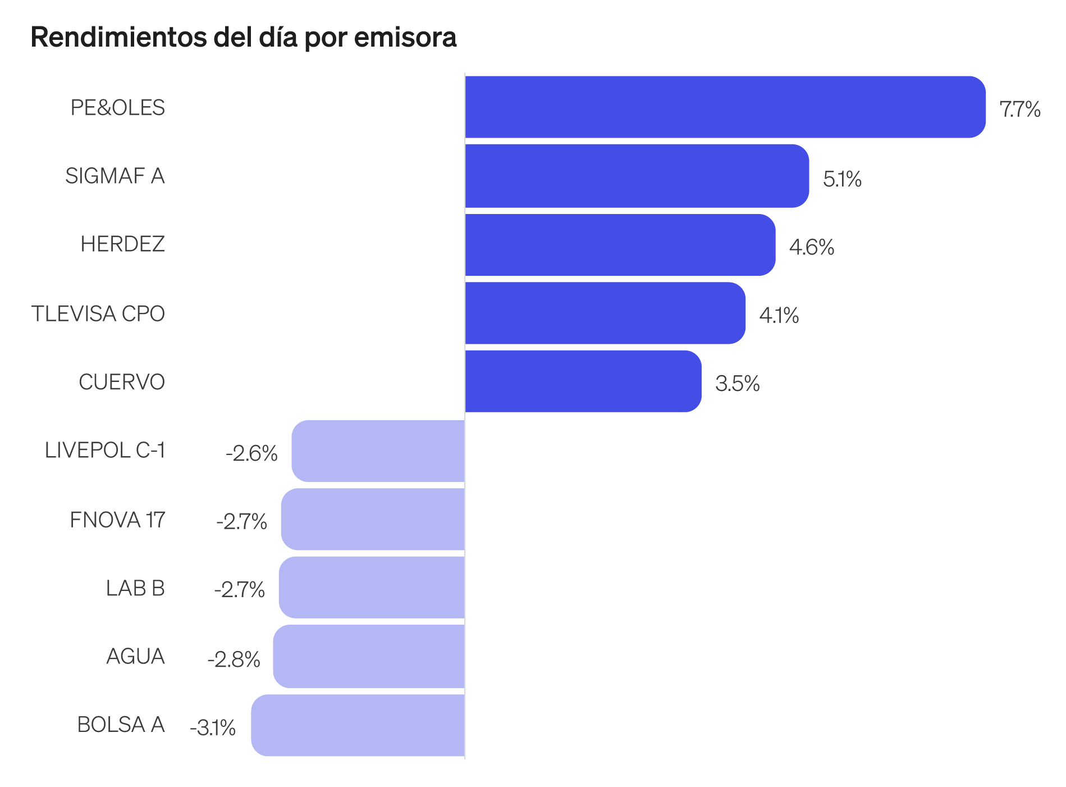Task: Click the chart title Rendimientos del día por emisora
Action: coord(244,37)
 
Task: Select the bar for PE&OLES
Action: coord(725,107)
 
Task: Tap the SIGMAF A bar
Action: coord(637,176)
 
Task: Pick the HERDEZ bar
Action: coord(620,245)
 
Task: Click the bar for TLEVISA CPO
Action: coord(605,313)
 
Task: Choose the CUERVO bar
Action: coord(583,381)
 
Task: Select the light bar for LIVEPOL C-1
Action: coord(378,451)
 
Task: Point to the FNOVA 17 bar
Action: coord(373,519)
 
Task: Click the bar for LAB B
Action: coord(372,588)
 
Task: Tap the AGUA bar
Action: coord(369,656)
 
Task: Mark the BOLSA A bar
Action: coord(358,725)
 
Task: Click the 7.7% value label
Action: coord(1020,109)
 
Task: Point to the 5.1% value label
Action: coord(842,179)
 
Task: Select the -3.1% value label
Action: coord(213,727)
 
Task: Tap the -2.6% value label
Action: coord(251,453)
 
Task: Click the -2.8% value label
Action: coord(234,659)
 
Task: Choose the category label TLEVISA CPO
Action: coord(98,313)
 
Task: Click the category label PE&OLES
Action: coord(118,107)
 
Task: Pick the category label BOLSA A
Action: coord(121,725)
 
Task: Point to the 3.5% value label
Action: coord(737,384)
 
